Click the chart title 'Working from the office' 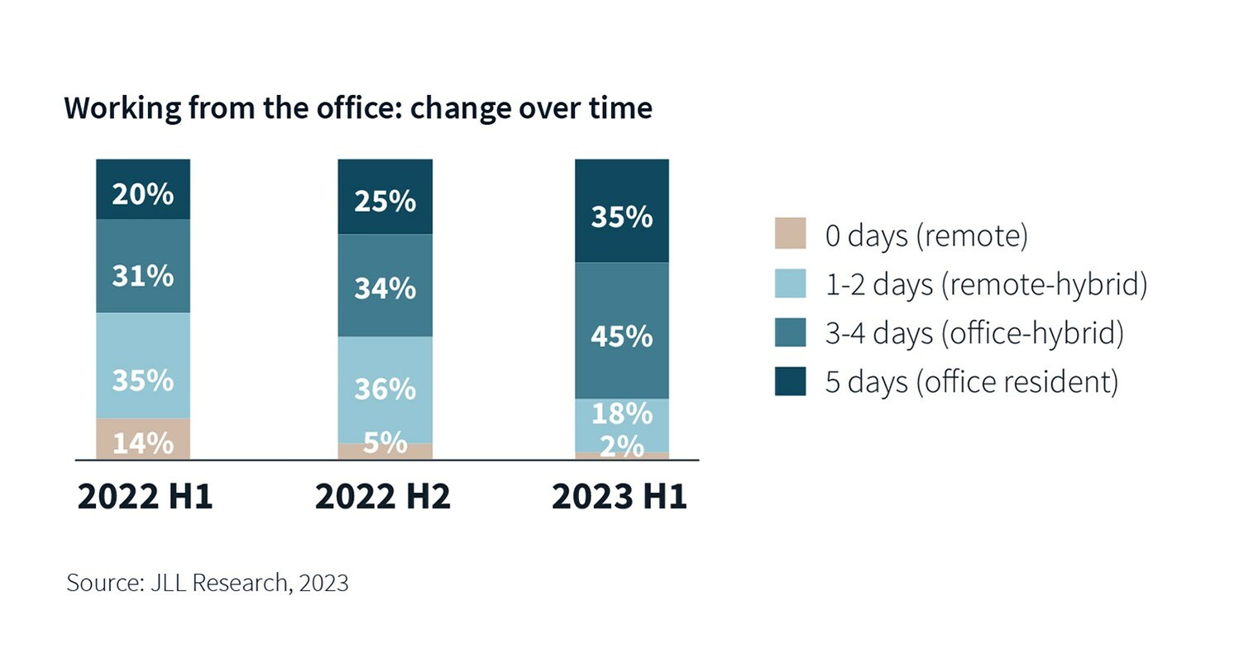(357, 108)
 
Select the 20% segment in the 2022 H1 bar (143, 189)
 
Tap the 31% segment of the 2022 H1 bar (143, 266)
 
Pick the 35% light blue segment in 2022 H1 (143, 365)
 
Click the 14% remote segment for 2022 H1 (143, 439)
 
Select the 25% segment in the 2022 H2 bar (385, 197)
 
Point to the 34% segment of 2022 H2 (385, 285)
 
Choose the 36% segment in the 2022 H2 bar (385, 389)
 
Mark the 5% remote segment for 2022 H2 (385, 451)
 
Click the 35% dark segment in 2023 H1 (622, 211)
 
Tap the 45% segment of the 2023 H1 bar (622, 331)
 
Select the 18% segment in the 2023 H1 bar (622, 424)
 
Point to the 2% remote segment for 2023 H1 (622, 456)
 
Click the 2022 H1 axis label (145, 497)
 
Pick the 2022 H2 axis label (383, 497)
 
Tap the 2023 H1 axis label (619, 497)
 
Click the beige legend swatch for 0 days (790, 234)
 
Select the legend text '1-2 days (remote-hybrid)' (986, 284)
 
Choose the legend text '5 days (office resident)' (972, 381)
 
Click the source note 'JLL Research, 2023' (208, 583)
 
